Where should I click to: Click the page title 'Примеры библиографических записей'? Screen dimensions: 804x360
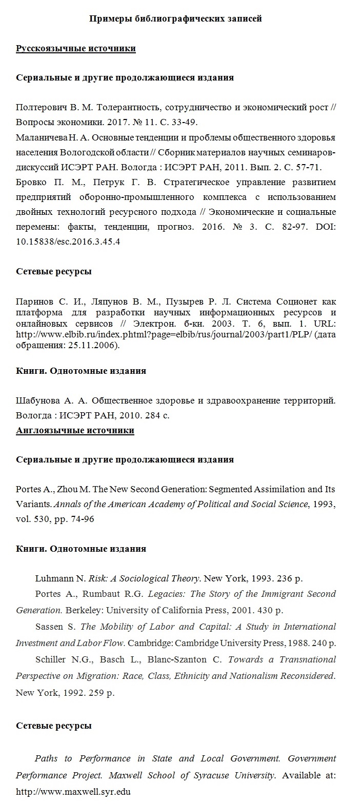point(176,19)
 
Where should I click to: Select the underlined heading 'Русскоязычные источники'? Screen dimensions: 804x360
point(76,49)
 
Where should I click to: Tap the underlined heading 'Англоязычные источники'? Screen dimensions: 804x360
point(75,430)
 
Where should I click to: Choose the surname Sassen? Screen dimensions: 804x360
point(49,627)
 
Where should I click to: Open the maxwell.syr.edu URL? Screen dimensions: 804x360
point(73,792)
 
